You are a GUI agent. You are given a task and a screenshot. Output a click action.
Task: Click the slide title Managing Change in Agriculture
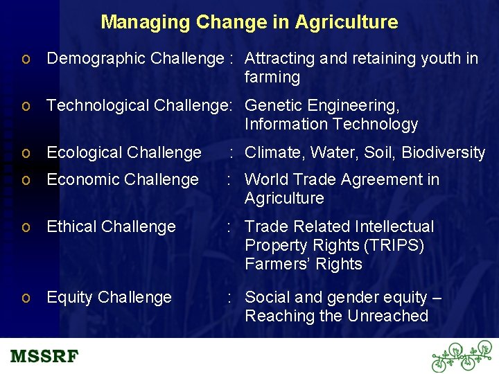[x=249, y=22]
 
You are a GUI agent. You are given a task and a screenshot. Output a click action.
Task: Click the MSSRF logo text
[x=44, y=357]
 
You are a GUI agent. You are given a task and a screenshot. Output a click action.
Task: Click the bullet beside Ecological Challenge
[x=26, y=153]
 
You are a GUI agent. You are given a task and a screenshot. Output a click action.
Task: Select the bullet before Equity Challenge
[x=26, y=298]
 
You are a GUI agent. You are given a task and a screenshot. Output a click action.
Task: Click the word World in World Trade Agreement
[x=266, y=180]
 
